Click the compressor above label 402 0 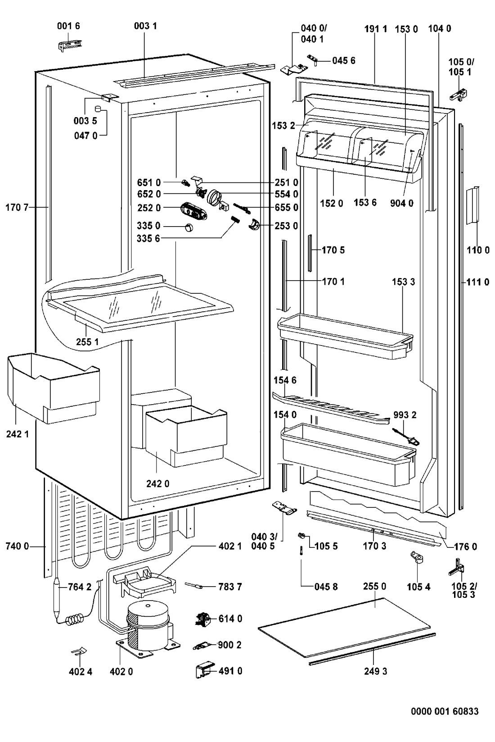pyautogui.click(x=148, y=625)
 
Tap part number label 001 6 pyautogui.click(x=68, y=26)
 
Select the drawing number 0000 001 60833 pyautogui.click(x=444, y=711)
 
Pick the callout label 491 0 pyautogui.click(x=230, y=671)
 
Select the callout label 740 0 pyautogui.click(x=18, y=546)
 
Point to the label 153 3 pyautogui.click(x=403, y=282)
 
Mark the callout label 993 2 pyautogui.click(x=405, y=415)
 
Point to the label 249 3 pyautogui.click(x=376, y=671)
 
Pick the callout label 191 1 pyautogui.click(x=376, y=29)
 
